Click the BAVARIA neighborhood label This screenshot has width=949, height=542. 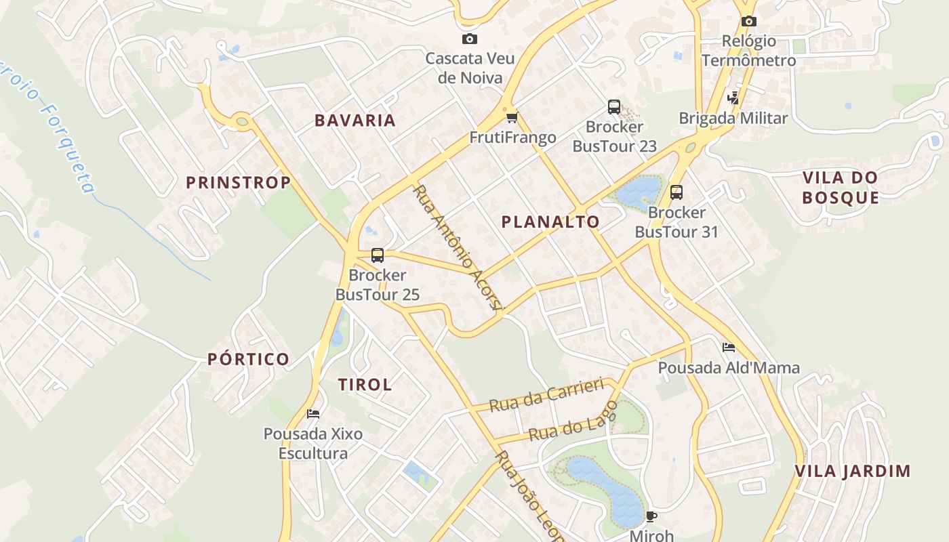click(x=355, y=121)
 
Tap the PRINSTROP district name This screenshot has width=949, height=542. click(x=238, y=182)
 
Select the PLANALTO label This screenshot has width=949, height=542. click(x=550, y=222)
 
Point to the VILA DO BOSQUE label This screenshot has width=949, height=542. click(x=840, y=188)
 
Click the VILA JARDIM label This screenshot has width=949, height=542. click(x=852, y=471)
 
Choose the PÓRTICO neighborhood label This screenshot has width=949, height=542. click(x=248, y=359)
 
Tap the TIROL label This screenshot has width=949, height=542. click(x=365, y=385)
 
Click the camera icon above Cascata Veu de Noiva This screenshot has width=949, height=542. click(x=469, y=39)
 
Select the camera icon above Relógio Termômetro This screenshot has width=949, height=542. click(x=748, y=22)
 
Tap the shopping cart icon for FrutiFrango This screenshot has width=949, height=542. click(x=512, y=117)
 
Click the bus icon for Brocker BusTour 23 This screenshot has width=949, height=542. click(x=614, y=106)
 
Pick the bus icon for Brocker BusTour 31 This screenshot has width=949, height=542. click(x=676, y=192)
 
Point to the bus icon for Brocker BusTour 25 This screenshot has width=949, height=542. click(x=378, y=255)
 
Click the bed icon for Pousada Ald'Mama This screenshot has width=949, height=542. click(x=729, y=348)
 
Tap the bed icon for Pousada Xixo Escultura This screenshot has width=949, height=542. click(x=313, y=413)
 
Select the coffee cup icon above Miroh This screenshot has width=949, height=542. click(x=651, y=517)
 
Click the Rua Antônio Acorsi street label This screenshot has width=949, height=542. click(x=459, y=249)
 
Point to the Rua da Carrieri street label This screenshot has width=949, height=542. click(x=546, y=395)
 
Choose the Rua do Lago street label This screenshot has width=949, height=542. click(x=573, y=421)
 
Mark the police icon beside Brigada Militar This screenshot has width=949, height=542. click(x=733, y=97)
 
